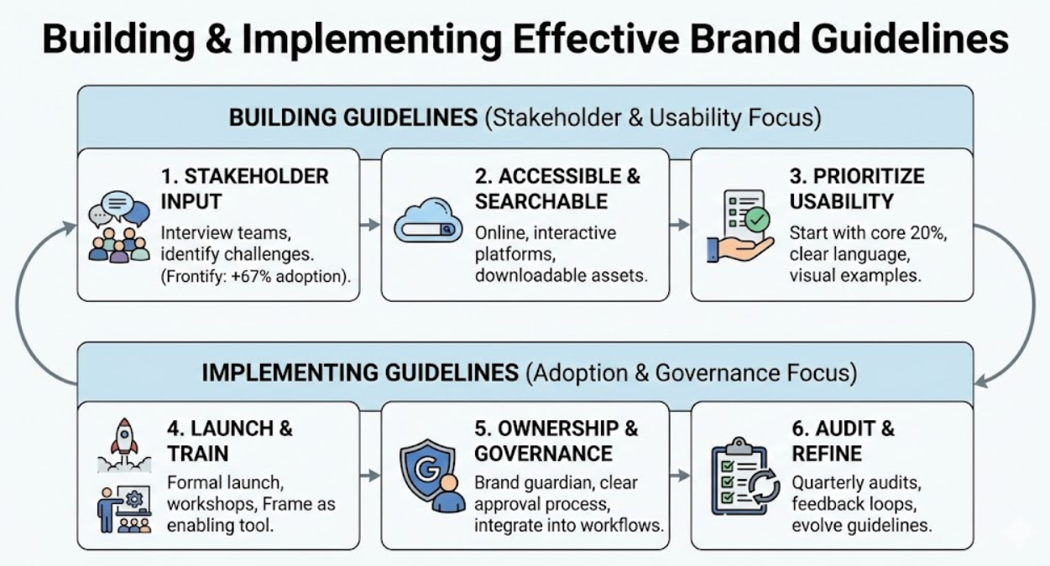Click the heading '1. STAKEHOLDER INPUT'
tap(244, 189)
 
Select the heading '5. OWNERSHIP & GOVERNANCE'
tap(556, 440)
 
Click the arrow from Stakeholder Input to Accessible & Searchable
tap(369, 225)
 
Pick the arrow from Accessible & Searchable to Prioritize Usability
tap(679, 225)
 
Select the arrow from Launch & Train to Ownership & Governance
tap(369, 475)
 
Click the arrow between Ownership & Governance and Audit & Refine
tap(679, 475)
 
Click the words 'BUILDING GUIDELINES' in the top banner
tap(353, 117)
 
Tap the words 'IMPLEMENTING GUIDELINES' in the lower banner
tap(360, 372)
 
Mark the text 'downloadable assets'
tap(561, 275)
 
